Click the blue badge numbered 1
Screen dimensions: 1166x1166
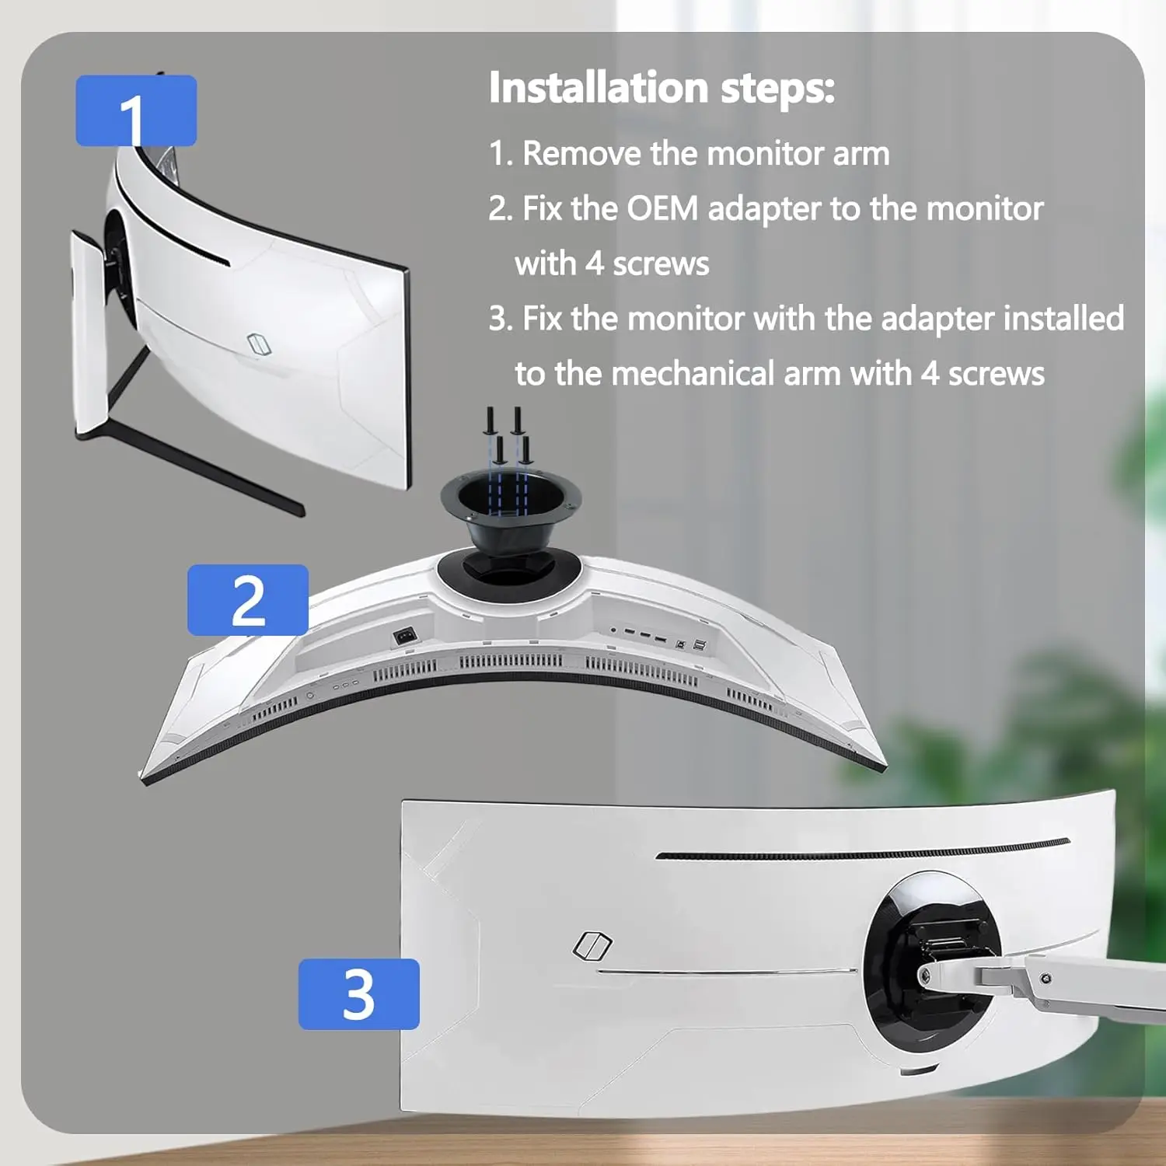[x=136, y=110]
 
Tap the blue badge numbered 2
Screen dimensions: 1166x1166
[x=248, y=599]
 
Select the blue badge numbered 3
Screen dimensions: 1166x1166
[x=359, y=993]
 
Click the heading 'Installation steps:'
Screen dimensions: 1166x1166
[x=662, y=87]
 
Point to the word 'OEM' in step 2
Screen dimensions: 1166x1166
[x=662, y=208]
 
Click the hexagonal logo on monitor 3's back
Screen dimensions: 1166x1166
[x=592, y=945]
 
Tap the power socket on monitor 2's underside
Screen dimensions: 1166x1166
[x=405, y=636]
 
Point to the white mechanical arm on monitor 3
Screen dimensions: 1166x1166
[x=1073, y=983]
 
